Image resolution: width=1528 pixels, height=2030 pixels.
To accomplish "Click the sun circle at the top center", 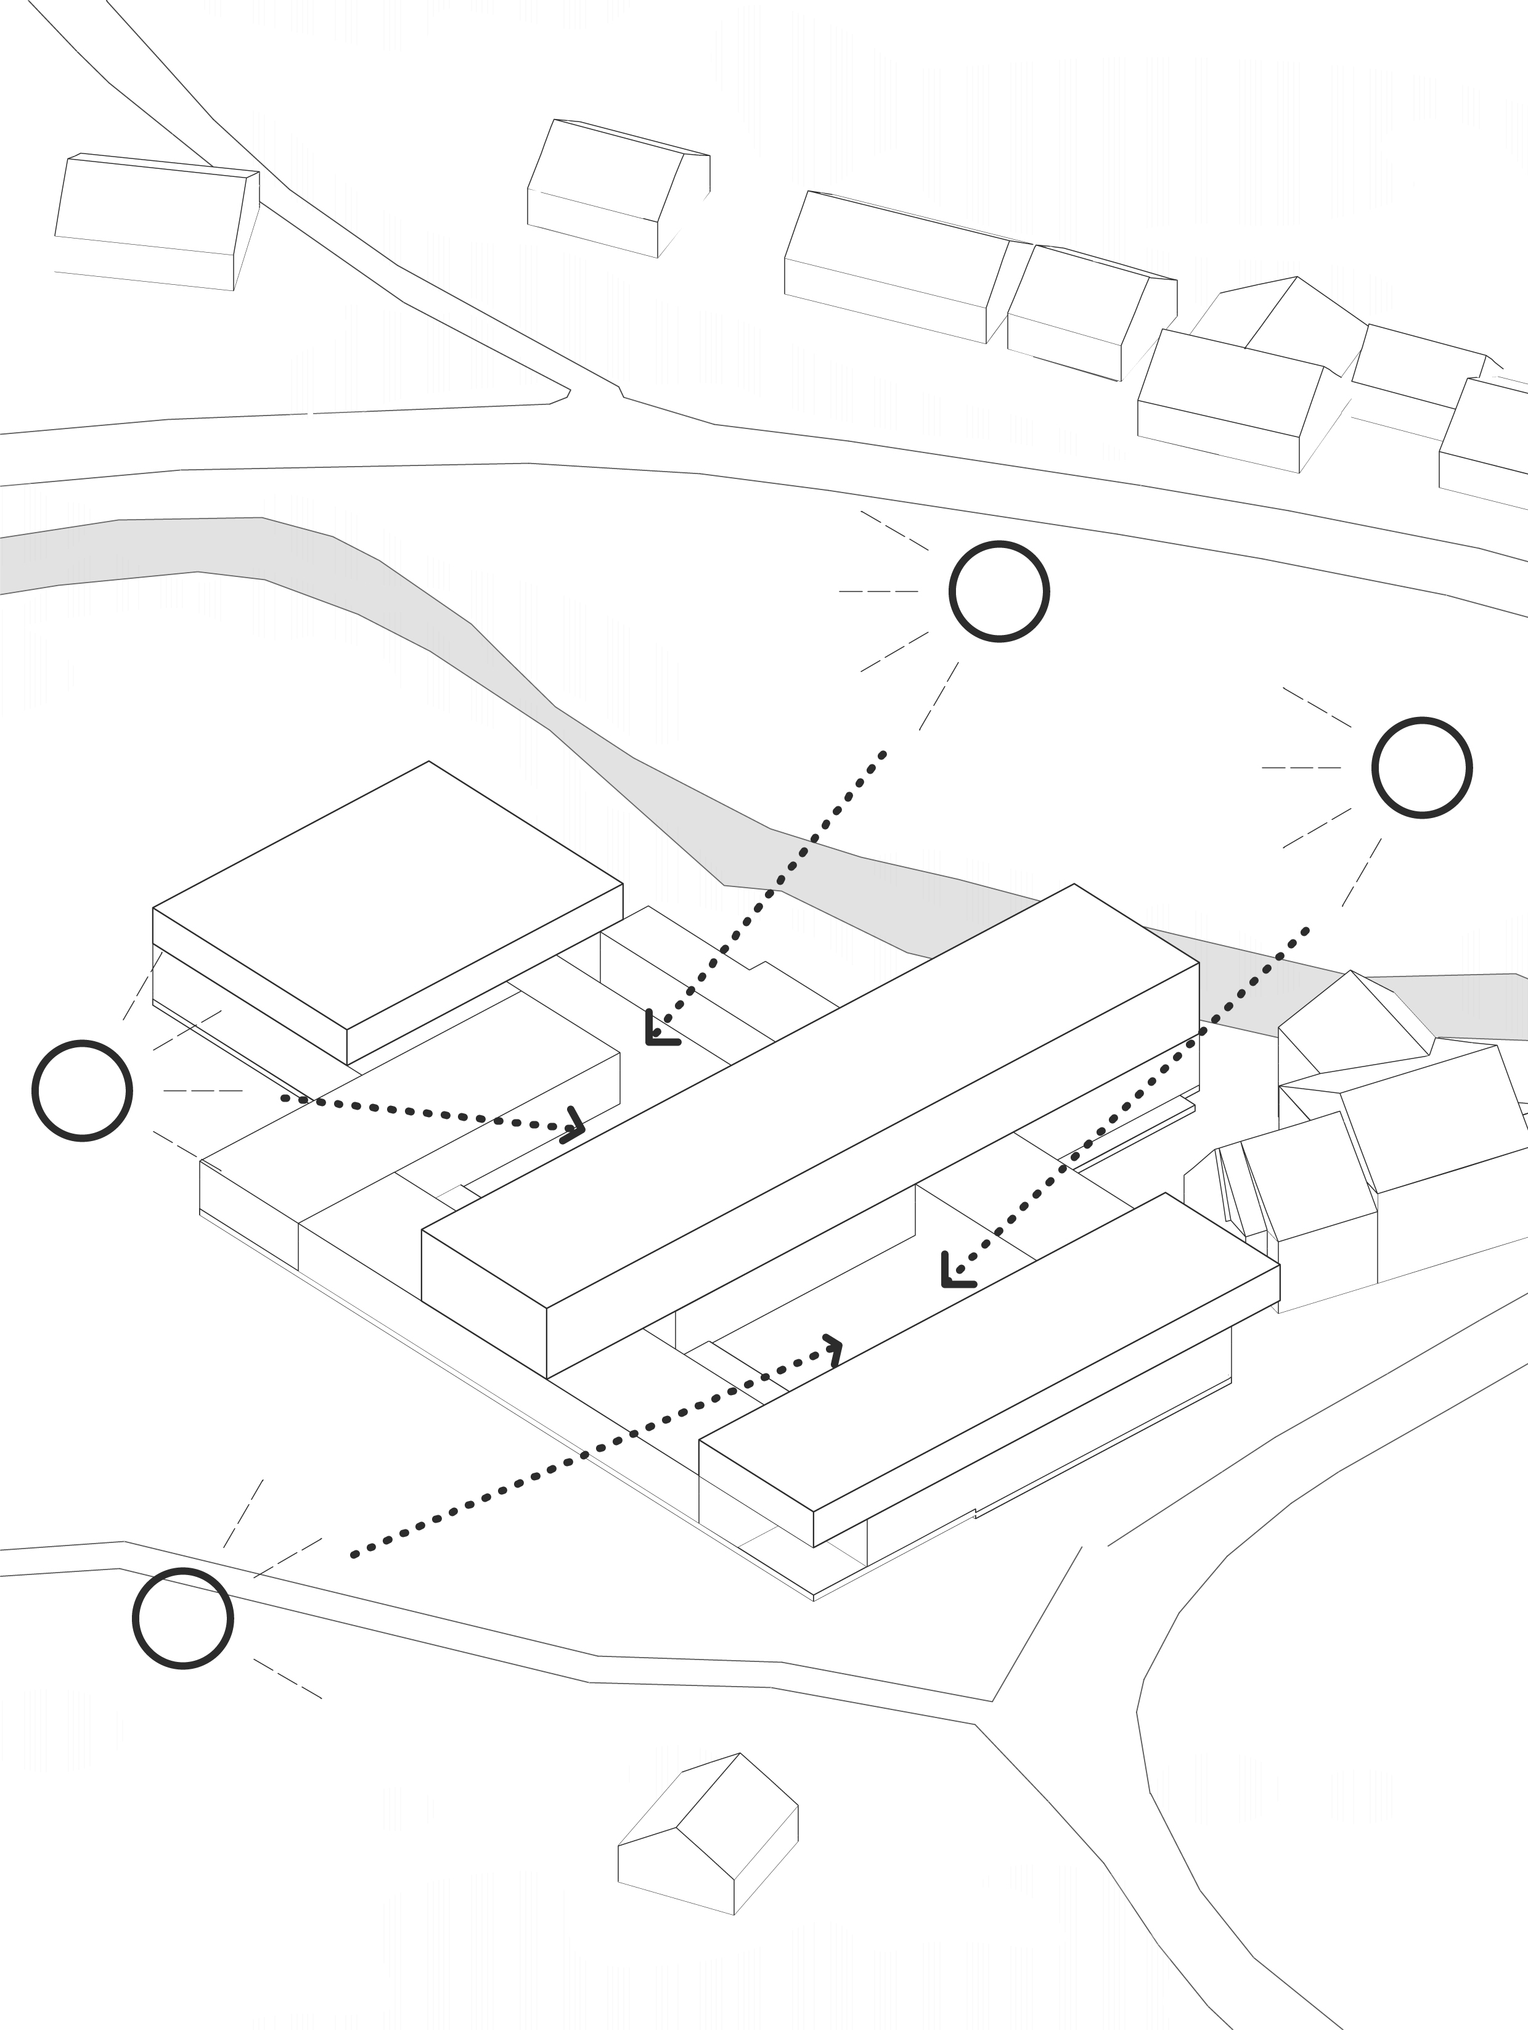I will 999,591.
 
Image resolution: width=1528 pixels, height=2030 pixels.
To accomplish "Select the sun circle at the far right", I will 1421,767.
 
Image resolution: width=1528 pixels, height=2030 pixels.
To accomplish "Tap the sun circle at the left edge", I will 82,1091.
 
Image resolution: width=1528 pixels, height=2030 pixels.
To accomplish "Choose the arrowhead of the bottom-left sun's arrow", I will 833,1349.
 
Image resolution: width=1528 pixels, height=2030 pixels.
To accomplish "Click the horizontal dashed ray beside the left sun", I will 203,1091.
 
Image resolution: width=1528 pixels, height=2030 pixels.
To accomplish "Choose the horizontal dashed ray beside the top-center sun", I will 878,591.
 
